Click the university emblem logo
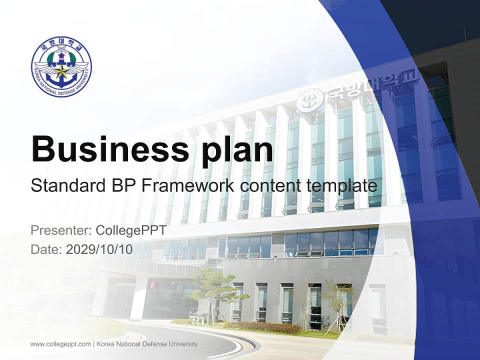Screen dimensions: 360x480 click(x=61, y=66)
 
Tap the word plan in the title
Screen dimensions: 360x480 click(x=237, y=149)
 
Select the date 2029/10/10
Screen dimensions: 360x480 click(x=99, y=249)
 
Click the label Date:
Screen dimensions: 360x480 click(x=46, y=249)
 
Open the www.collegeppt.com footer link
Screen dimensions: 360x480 click(x=60, y=344)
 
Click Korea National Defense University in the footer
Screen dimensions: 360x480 click(x=147, y=344)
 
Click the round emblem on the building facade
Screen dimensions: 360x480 click(x=306, y=102)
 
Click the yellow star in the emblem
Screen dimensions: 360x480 click(x=61, y=71)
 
